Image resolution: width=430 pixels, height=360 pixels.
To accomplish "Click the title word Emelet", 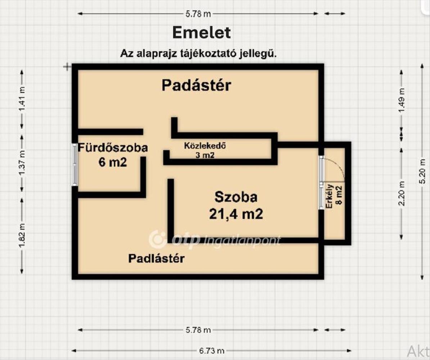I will point(201,33).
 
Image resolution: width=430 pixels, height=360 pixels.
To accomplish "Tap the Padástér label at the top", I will point(196,86).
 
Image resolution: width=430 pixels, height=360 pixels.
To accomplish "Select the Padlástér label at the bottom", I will point(157,258).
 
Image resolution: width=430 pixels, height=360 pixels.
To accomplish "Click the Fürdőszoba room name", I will point(113,148).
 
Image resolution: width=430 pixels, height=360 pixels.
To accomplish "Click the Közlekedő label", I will point(205,146).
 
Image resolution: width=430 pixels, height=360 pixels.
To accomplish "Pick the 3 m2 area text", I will point(205,155).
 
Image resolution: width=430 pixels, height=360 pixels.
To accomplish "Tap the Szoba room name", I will point(236,197).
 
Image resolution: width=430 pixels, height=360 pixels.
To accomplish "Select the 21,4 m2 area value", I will point(236,214).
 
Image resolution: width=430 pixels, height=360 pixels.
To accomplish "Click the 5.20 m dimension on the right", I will point(422,176).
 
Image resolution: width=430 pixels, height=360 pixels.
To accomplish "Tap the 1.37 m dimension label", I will point(22,163).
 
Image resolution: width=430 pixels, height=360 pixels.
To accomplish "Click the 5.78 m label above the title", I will point(198,14).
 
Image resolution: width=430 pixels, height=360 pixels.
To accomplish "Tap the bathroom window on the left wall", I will point(75,165).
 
